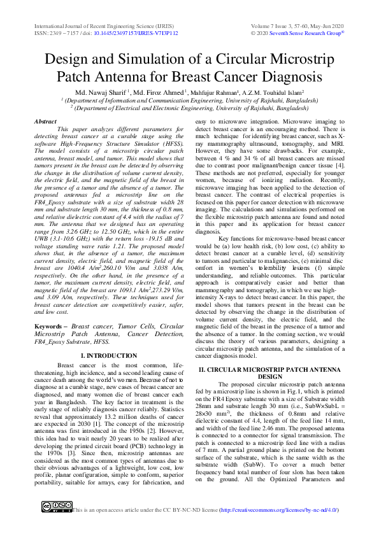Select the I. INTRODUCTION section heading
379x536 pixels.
click(109, 355)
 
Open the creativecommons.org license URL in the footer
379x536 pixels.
click(278, 511)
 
